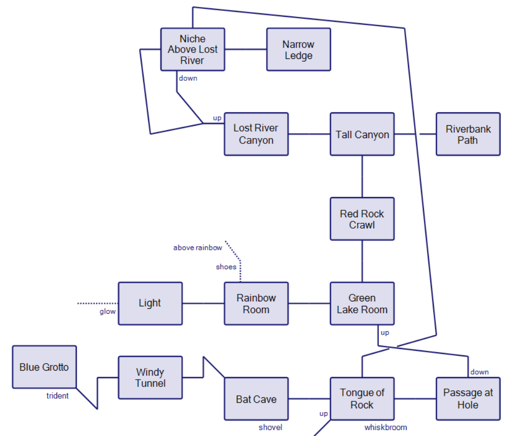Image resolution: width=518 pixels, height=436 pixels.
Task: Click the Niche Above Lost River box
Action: coord(193,49)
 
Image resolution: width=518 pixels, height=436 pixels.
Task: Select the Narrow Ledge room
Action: coord(299,49)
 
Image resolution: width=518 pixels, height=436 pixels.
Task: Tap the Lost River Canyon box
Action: coord(256,134)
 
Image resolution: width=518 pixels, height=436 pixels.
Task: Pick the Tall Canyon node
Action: coord(362,134)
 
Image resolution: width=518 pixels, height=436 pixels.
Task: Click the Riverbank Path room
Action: coord(468,134)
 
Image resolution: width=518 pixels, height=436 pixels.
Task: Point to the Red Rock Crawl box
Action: coord(362,219)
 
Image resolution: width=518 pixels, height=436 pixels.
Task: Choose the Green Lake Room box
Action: coord(362,304)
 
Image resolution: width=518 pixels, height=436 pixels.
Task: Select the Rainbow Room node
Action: coord(256,304)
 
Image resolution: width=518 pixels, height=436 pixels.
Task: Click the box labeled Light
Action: coord(150,303)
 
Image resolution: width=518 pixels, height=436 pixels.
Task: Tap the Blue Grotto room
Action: coord(44,367)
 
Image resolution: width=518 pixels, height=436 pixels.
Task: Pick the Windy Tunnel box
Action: coord(150,378)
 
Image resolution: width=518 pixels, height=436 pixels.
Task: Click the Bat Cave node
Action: coord(256,399)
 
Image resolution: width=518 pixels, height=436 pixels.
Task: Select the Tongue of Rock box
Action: coord(362,399)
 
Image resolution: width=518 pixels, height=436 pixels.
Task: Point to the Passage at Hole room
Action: coord(468,399)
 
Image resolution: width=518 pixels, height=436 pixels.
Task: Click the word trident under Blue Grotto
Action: coord(57,396)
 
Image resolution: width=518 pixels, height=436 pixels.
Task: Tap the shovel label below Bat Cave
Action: coord(270,427)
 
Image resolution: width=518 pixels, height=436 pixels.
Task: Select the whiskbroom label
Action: coord(386,427)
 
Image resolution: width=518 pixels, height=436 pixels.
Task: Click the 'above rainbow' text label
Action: coord(198,247)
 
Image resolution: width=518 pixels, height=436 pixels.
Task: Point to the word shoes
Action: coord(226,267)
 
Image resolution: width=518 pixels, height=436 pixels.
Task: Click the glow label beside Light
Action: coord(107,311)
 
